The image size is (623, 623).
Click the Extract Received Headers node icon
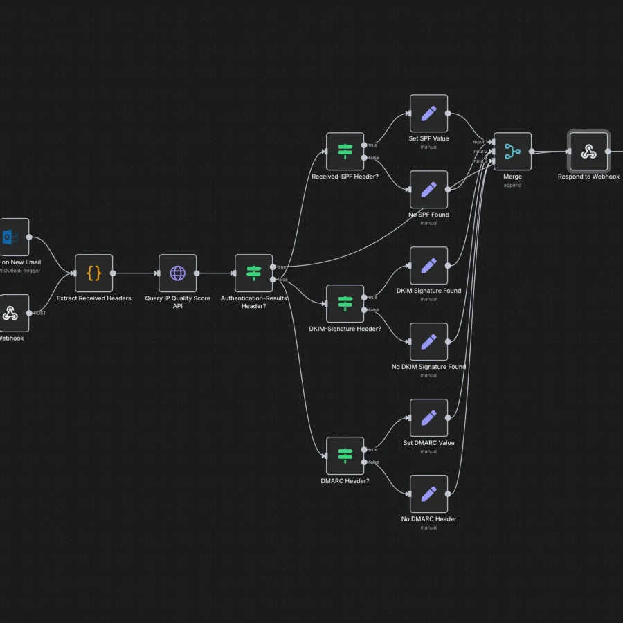[x=93, y=273]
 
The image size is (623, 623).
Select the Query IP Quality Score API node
[x=177, y=273]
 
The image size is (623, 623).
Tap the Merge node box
[x=512, y=152]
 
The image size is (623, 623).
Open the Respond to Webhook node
[x=588, y=152]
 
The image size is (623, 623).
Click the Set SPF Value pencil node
[x=428, y=114]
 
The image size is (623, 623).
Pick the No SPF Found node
[x=428, y=189]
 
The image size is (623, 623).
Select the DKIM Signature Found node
[x=428, y=265]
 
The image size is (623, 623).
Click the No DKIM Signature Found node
[x=428, y=341]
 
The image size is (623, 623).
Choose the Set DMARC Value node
[x=428, y=417]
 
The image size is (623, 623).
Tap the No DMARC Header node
[x=428, y=494]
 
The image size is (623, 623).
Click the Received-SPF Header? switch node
[x=345, y=152]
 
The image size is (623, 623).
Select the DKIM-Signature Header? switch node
[x=345, y=303]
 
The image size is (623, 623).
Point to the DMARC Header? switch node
[x=345, y=455]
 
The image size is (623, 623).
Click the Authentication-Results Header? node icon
[x=253, y=273]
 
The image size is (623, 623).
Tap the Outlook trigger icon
[x=10, y=237]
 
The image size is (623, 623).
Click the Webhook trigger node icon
[x=10, y=313]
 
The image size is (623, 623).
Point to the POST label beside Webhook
[x=39, y=313]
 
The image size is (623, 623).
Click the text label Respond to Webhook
[x=588, y=177]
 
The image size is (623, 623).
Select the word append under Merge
[x=512, y=186]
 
